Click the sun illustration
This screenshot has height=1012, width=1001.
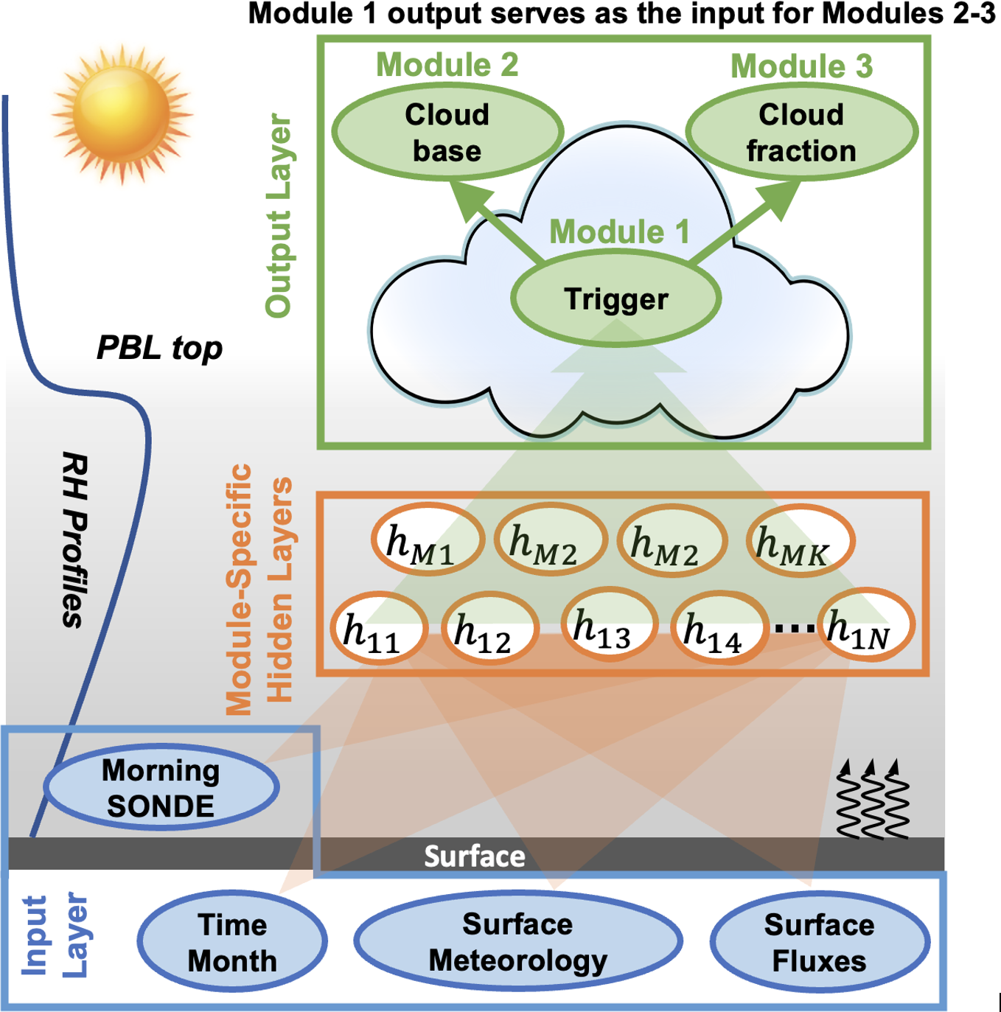point(122,114)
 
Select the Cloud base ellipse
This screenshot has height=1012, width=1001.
point(447,133)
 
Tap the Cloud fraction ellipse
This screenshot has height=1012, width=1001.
point(801,133)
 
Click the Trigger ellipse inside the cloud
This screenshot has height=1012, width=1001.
point(615,299)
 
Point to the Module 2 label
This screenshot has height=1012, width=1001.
point(447,65)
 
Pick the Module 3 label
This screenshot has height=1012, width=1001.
point(801,66)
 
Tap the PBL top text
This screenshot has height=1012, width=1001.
point(159,348)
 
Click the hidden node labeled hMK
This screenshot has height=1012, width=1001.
point(799,542)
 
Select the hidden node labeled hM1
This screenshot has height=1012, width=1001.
point(426,541)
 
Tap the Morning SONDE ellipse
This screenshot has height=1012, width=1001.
point(161,788)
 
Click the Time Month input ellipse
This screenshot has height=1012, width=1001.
point(232,943)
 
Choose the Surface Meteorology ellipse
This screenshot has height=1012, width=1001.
point(517,942)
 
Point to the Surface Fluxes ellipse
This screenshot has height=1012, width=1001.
point(819,943)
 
